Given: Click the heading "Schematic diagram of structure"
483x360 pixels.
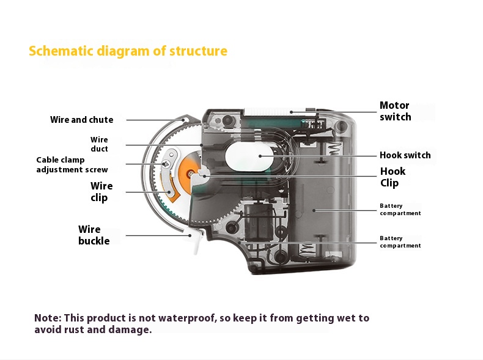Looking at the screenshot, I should [x=128, y=51].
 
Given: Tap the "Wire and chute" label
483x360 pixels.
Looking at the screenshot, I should [x=81, y=120].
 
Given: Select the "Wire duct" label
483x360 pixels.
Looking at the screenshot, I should [x=99, y=144].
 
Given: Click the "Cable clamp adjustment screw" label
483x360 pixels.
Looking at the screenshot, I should [x=72, y=165].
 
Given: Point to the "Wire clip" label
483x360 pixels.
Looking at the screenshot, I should [x=101, y=191].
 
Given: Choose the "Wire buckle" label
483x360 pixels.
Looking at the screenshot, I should [x=94, y=235].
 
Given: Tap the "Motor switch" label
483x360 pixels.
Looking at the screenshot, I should [x=395, y=111].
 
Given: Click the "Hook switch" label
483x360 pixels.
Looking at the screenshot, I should [x=405, y=155].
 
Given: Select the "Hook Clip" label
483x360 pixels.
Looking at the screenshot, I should [x=393, y=177].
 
